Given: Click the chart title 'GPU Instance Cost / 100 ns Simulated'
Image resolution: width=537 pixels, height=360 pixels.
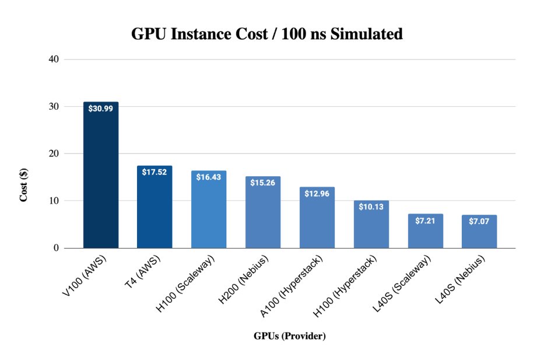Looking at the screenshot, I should (266, 34).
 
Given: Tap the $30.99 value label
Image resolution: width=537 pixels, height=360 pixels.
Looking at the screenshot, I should (101, 109).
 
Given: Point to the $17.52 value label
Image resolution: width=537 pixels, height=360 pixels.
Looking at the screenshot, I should (155, 172).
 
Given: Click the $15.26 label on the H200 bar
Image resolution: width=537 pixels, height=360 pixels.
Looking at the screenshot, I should (262, 183).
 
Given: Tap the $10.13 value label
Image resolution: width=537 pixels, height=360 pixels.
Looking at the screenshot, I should (371, 207).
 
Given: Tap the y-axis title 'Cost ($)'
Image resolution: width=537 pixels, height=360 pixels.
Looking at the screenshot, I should (24, 186).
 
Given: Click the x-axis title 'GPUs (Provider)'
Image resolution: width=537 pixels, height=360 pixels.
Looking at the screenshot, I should (289, 337).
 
